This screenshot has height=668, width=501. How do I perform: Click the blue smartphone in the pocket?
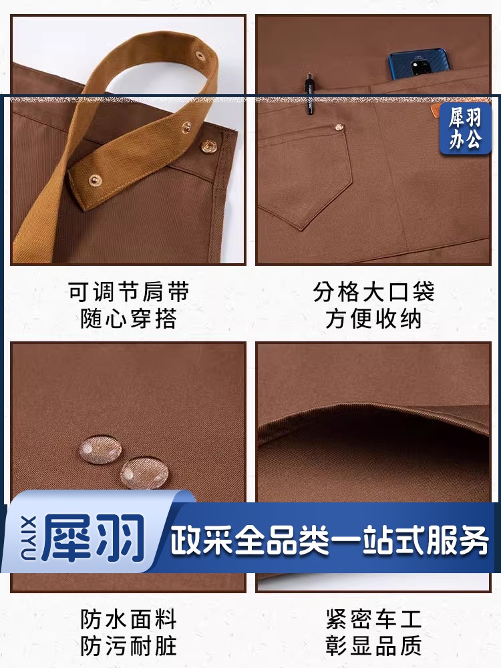pyautogui.click(x=418, y=64)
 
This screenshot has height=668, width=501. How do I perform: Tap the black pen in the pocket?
pyautogui.click(x=309, y=96)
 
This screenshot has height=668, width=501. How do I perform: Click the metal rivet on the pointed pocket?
pyautogui.click(x=339, y=127)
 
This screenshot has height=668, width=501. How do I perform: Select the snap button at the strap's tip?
pyautogui.click(x=95, y=180)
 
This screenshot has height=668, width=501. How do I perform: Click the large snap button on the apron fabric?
pyautogui.click(x=208, y=147)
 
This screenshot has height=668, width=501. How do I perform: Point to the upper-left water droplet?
pyautogui.click(x=101, y=449)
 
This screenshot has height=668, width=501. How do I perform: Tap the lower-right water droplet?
pyautogui.click(x=144, y=473)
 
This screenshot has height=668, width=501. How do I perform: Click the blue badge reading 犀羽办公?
pyautogui.click(x=465, y=128)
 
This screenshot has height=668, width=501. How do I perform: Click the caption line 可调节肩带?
pyautogui.click(x=129, y=292)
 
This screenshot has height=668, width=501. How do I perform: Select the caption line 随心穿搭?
pyautogui.click(x=129, y=319)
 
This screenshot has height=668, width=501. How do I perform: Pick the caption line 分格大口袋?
pyautogui.click(x=373, y=292)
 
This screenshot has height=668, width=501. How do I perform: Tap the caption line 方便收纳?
pyautogui.click(x=373, y=319)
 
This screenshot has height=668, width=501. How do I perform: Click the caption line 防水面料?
pyautogui.click(x=129, y=619)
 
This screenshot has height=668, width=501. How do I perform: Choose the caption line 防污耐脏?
pyautogui.click(x=129, y=646)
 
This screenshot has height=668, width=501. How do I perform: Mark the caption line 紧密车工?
pyautogui.click(x=373, y=619)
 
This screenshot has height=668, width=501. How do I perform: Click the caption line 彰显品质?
pyautogui.click(x=373, y=646)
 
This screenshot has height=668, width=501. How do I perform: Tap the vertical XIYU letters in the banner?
pyautogui.click(x=28, y=538)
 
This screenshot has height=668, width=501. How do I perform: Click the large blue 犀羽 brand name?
pyautogui.click(x=93, y=538)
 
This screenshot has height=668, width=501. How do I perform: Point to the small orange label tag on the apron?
pyautogui.click(x=436, y=111)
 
